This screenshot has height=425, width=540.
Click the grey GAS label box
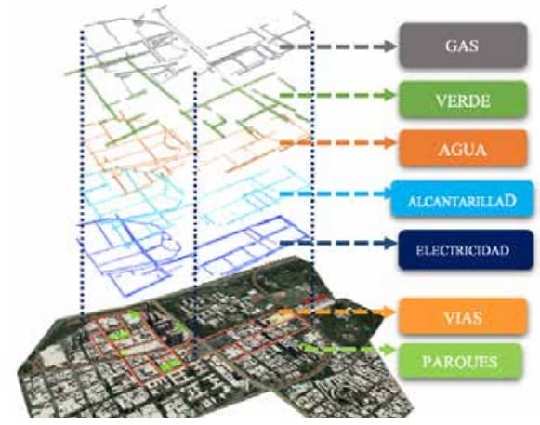(463, 46)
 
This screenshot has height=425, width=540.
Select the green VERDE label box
(463, 100)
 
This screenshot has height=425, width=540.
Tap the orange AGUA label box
(463, 149)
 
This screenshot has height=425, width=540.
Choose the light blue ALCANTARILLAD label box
(462, 199)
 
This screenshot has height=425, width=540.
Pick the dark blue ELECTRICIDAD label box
(466, 250)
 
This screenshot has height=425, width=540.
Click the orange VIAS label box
(463, 316)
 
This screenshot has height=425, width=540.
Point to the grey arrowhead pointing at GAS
(389, 46)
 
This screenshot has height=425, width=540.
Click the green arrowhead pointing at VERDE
(389, 95)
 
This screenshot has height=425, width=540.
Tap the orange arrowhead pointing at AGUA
(389, 142)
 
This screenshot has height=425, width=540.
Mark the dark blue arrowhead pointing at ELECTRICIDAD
(389, 243)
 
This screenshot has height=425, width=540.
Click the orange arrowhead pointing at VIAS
(389, 312)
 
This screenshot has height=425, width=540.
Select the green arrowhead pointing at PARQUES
(389, 350)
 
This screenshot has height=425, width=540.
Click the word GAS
(462, 46)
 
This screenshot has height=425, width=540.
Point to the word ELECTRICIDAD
(463, 250)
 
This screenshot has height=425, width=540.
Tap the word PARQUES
(460, 362)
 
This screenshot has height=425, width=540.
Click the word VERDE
(463, 101)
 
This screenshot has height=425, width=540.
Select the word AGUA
(462, 150)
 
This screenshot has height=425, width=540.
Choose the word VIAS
(463, 318)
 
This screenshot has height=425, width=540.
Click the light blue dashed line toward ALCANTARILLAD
(335, 194)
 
